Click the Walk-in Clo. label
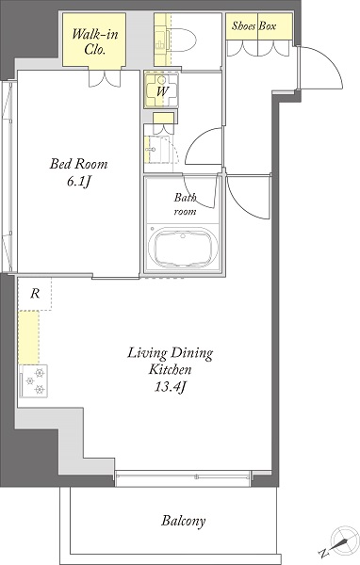point(94,41)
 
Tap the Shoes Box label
point(254,26)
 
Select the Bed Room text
point(78,164)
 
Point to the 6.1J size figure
point(78,182)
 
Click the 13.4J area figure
point(171,387)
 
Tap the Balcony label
point(184,521)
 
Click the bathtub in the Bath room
point(183,247)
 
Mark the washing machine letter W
point(162,91)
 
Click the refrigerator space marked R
point(35,294)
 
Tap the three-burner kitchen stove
point(34,381)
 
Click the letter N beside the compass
point(323,553)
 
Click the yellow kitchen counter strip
point(28,338)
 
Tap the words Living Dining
point(170,353)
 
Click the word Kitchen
point(171,370)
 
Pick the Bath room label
point(186,204)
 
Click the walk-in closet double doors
point(105,78)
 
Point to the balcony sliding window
point(182,477)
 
